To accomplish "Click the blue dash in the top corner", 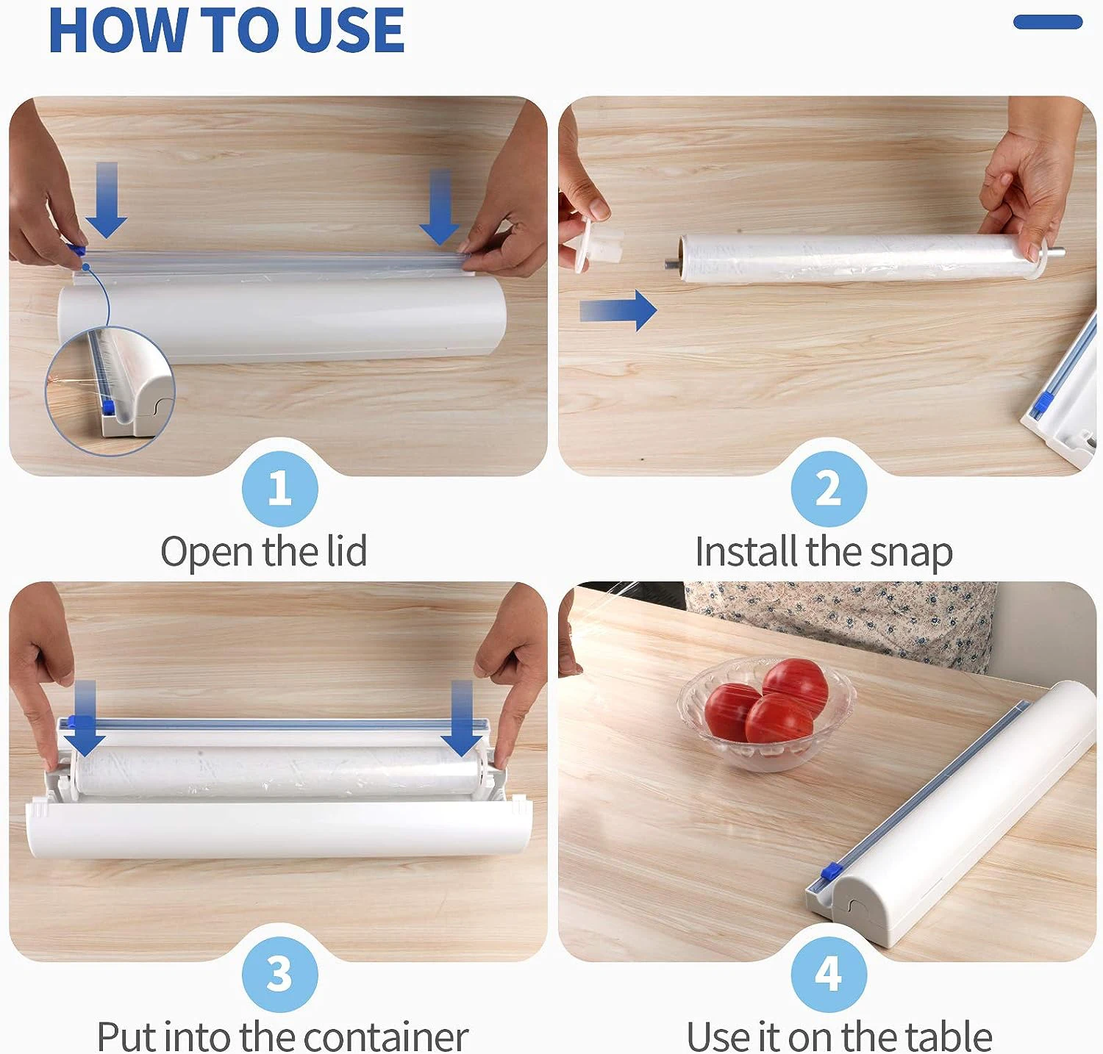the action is [1047, 22].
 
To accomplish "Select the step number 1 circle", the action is [279, 489].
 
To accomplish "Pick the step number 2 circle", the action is [829, 489].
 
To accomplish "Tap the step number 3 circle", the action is [279, 975].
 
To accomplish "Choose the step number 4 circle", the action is [829, 975].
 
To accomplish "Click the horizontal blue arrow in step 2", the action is [618, 310].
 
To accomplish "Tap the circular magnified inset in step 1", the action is [110, 390].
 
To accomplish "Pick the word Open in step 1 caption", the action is [207, 553].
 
